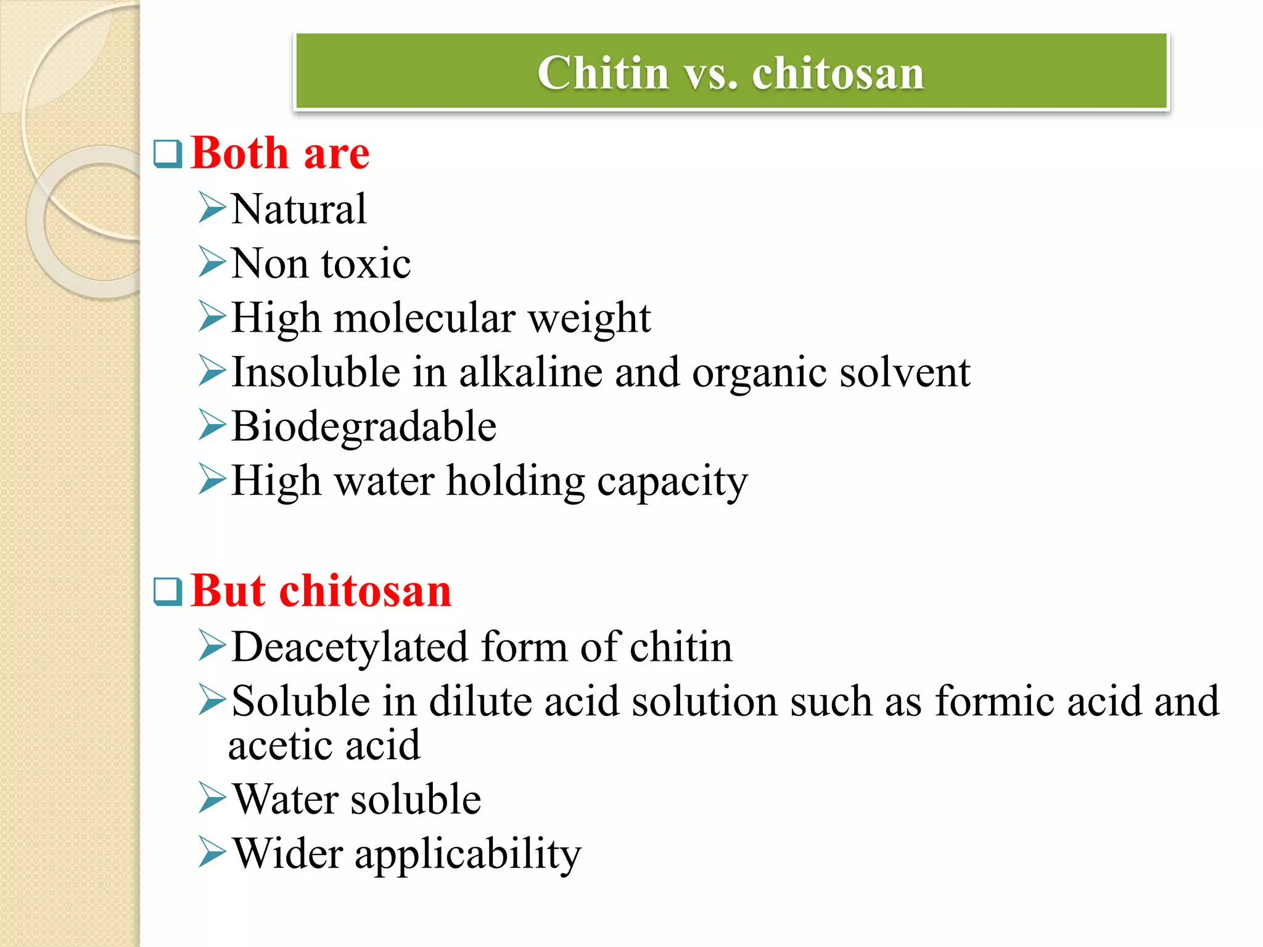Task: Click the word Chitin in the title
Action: (603, 73)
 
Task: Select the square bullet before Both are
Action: (168, 154)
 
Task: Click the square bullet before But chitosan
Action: (168, 591)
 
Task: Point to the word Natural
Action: (298, 209)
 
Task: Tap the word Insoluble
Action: (316, 372)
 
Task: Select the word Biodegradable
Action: (364, 427)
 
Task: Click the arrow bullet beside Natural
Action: (212, 208)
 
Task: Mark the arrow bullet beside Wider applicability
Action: (212, 853)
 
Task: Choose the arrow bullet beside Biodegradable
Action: (212, 425)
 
